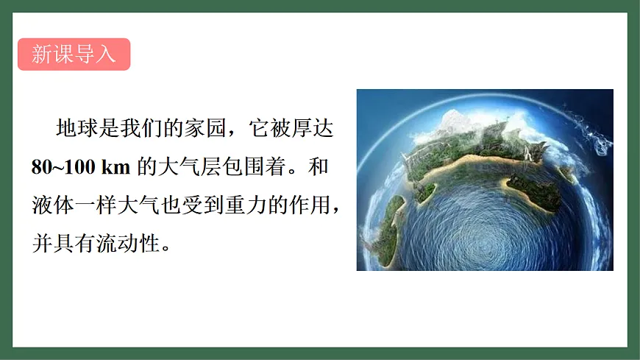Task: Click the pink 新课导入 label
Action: [74, 54]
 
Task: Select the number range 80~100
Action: [62, 166]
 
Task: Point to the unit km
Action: [116, 166]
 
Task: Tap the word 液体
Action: [50, 203]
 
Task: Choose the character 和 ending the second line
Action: [319, 166]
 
